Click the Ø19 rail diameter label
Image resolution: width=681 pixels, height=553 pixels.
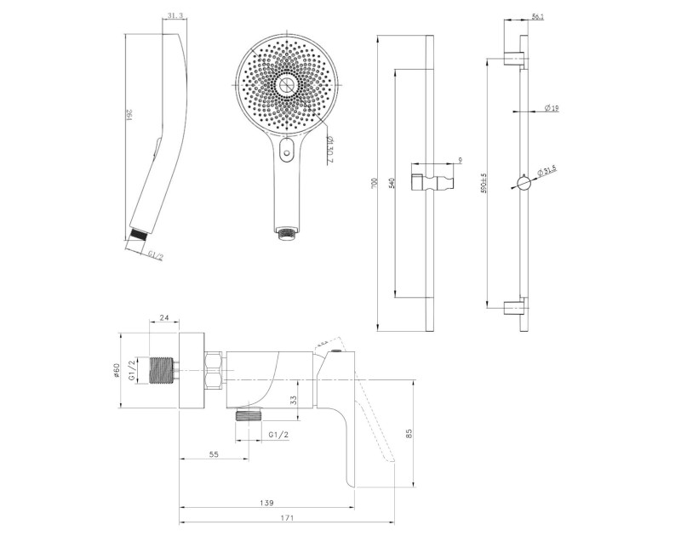coord(551,107)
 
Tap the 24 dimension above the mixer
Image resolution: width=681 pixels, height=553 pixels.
coord(165,320)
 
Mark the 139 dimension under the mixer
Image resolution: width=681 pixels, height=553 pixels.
coord(266,504)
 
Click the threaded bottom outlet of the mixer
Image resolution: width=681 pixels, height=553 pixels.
coord(246,415)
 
